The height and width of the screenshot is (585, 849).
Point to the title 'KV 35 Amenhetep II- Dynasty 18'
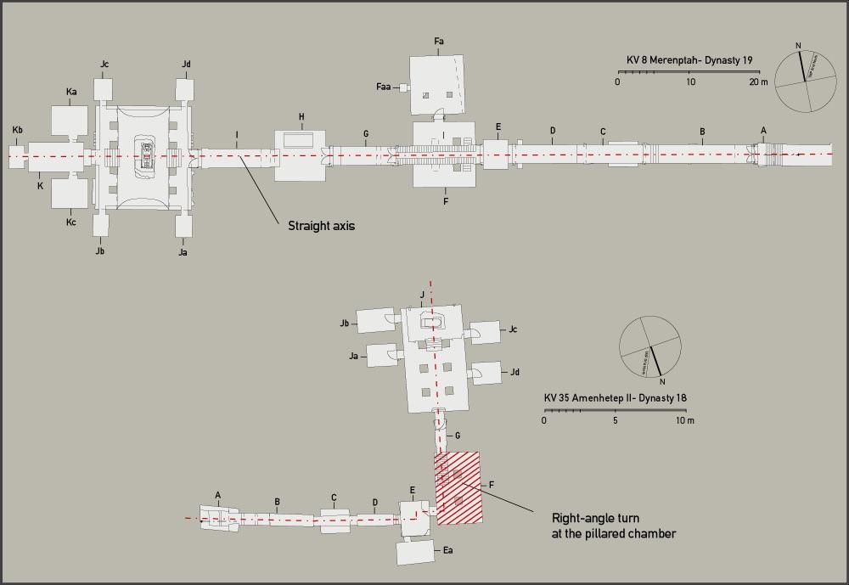(618, 398)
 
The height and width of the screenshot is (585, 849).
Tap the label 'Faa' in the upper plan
(383, 87)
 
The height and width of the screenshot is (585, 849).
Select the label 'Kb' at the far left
(17, 129)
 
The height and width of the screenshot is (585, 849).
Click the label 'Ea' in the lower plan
(447, 550)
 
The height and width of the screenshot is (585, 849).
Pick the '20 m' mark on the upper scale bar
(758, 82)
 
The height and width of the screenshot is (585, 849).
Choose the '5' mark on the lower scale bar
(616, 421)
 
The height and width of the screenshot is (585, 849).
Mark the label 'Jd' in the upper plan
(186, 64)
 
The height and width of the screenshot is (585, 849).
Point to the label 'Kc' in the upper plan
(70, 222)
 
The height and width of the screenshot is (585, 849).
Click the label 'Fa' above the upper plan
(439, 41)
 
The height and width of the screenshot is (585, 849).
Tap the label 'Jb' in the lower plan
(344, 323)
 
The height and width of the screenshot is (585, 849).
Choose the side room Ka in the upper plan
(69, 122)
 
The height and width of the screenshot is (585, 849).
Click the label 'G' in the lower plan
(458, 435)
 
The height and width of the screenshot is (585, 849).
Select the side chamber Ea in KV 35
(415, 552)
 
